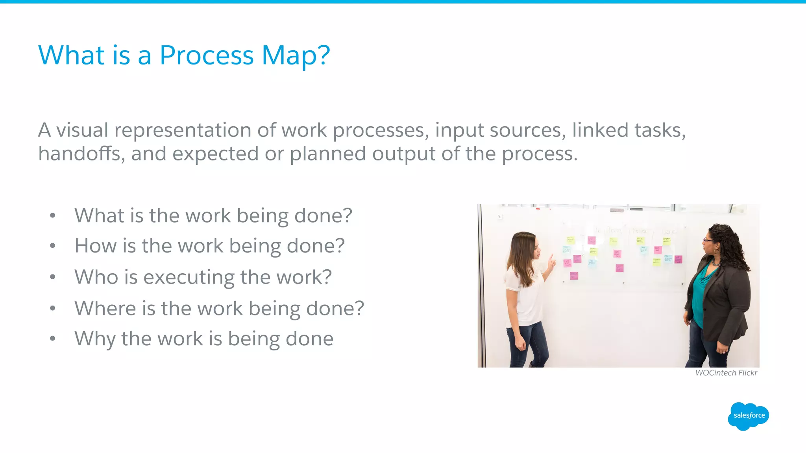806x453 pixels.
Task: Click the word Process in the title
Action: [x=206, y=56]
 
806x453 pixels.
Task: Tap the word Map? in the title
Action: [x=296, y=56]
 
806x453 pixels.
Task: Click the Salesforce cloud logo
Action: [x=749, y=416]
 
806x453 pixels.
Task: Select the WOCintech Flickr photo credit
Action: [x=726, y=373]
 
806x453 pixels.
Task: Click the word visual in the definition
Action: [x=82, y=130]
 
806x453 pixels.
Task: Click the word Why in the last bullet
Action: [x=94, y=339]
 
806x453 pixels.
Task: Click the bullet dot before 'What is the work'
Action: [x=53, y=215]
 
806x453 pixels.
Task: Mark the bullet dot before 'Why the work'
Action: [x=53, y=339]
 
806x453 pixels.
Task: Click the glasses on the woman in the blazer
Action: [x=708, y=240]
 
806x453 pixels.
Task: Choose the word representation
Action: [x=183, y=131]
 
